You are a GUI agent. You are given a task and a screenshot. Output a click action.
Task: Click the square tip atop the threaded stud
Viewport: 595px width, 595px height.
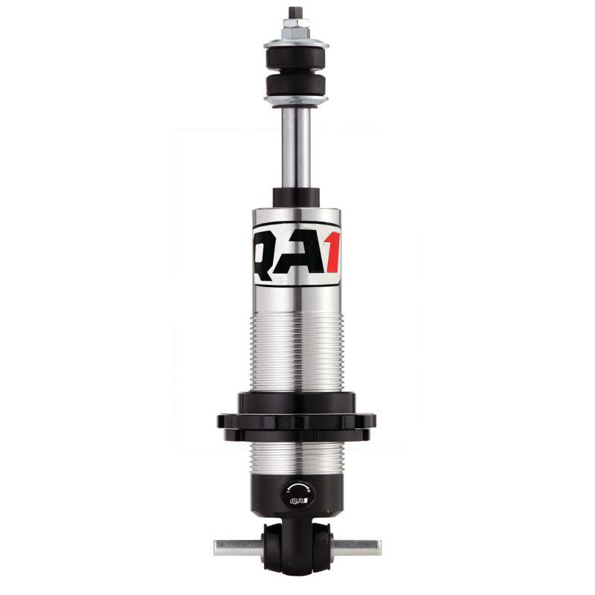tap(296, 13)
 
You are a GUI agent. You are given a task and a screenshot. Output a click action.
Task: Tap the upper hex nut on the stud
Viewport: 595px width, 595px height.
tap(296, 25)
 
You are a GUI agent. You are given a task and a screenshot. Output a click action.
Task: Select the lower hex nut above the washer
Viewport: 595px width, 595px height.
tap(296, 33)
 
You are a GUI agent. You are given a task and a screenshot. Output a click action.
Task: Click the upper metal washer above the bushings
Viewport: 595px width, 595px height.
tap(296, 41)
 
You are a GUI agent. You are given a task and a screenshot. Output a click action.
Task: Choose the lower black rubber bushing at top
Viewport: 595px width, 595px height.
tap(296, 84)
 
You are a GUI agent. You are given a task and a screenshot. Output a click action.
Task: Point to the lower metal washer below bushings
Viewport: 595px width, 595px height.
tap(296, 100)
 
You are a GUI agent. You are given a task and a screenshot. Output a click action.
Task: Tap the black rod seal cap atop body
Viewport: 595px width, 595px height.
tap(296, 197)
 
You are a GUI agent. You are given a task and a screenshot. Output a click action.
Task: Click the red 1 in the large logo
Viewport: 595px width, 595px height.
tap(329, 254)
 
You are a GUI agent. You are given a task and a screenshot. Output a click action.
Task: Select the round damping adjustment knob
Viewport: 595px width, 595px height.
tap(297, 494)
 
